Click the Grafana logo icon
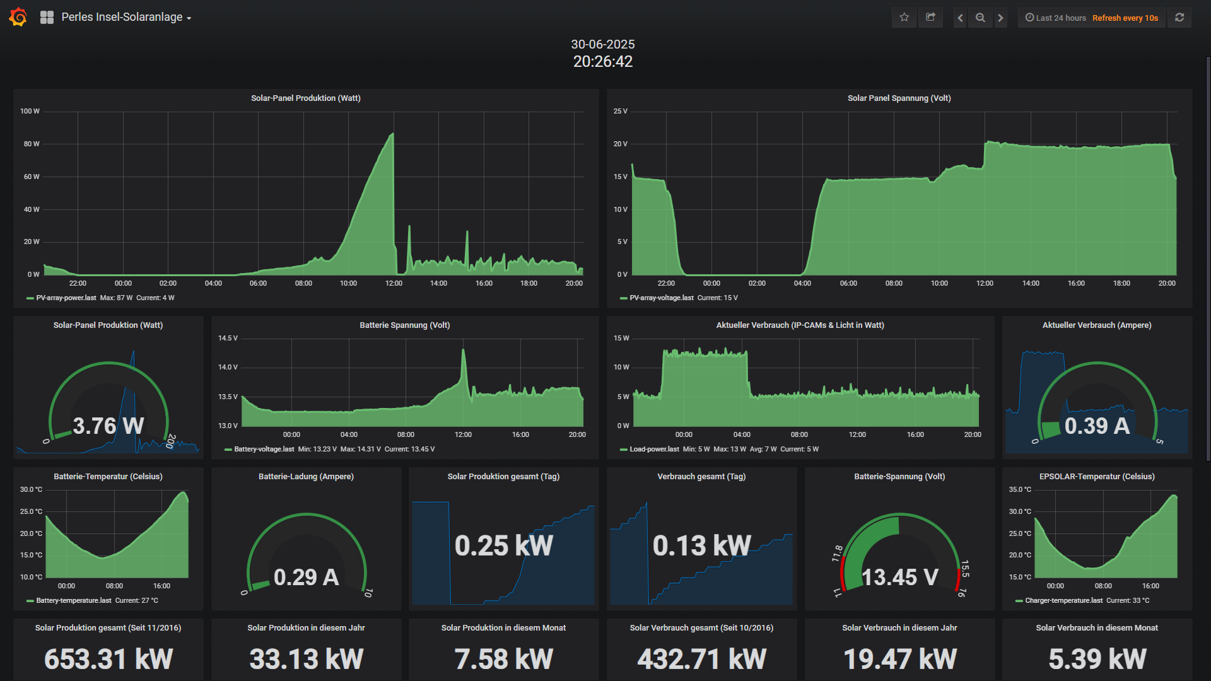(18, 17)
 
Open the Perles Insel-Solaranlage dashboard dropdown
(126, 18)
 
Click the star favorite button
(904, 18)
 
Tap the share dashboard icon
(930, 18)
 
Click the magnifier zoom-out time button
(980, 18)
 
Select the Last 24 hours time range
(1056, 18)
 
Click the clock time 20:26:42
(602, 62)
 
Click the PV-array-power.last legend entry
(66, 298)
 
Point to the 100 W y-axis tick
(30, 112)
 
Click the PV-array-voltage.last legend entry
(661, 298)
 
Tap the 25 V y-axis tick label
(620, 112)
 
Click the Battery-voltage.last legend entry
(264, 450)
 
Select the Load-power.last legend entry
(653, 450)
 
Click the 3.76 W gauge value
(108, 426)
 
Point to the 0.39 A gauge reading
(1097, 426)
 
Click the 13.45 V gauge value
(899, 578)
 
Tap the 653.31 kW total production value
(108, 660)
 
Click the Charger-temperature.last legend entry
(1063, 601)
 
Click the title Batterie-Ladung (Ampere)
(306, 477)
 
